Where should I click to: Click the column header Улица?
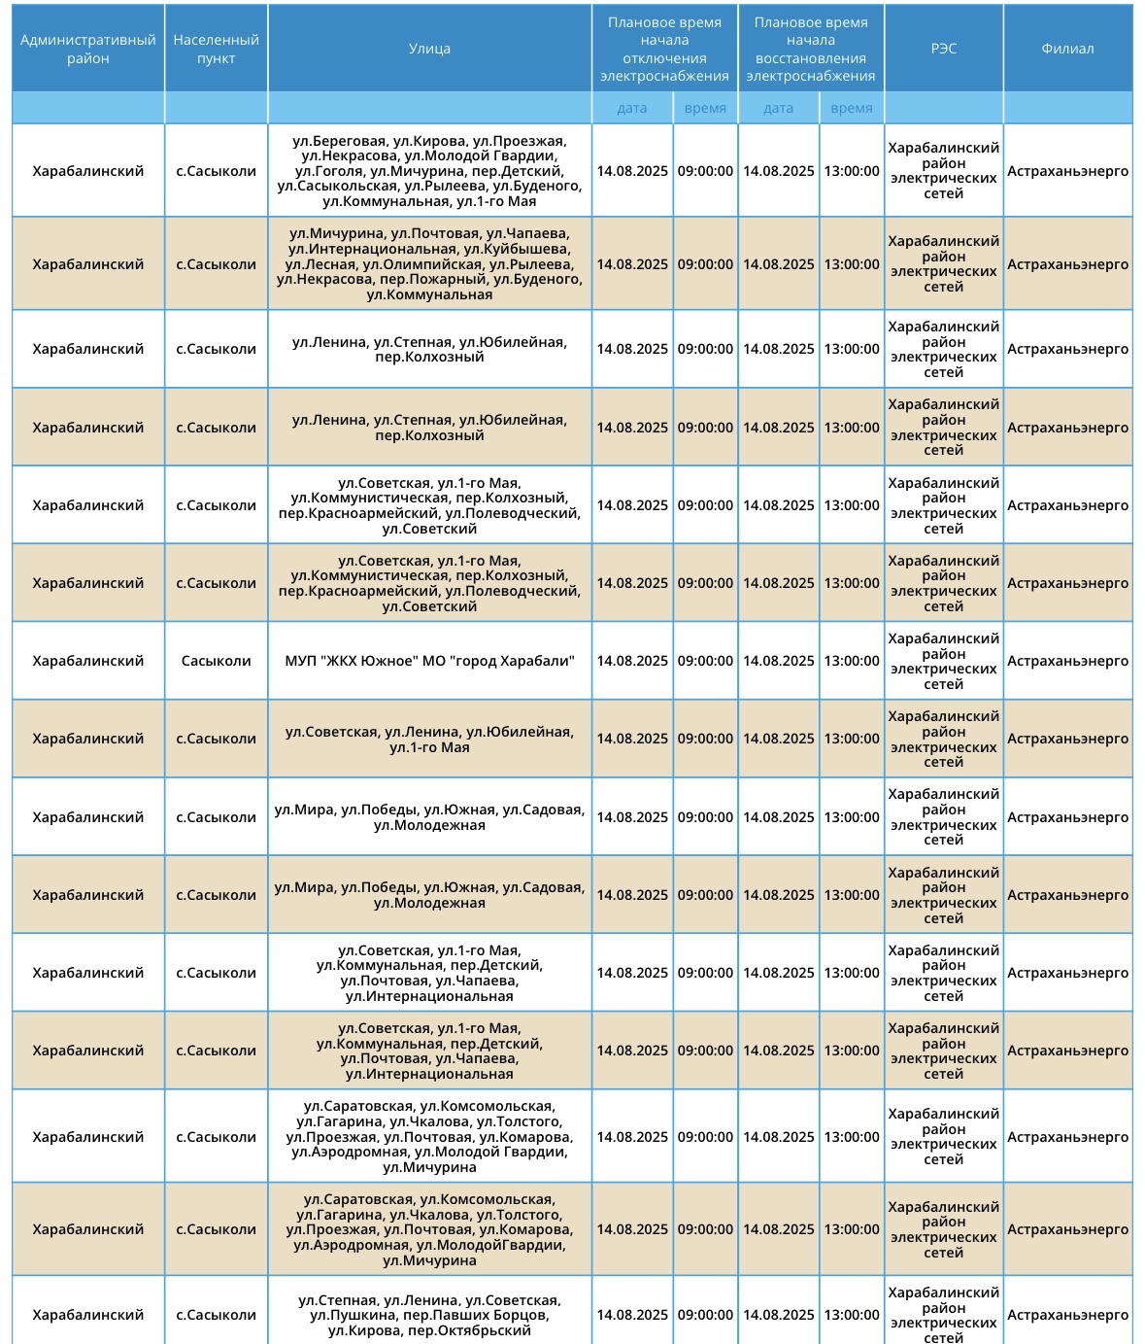tap(429, 49)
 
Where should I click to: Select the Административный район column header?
tap(87, 49)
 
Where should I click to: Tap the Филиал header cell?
tap(1067, 49)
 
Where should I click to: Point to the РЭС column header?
tap(943, 49)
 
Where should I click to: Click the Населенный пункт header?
tap(216, 49)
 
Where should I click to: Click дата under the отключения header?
tap(631, 108)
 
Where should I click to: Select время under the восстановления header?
tap(851, 108)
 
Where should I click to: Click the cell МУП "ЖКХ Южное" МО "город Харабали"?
tap(429, 661)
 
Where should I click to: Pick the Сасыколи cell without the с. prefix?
tap(216, 661)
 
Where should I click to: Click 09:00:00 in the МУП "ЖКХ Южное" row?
tap(705, 661)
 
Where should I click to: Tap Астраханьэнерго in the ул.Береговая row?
tap(1067, 171)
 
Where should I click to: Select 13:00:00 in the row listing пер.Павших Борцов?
tap(851, 1315)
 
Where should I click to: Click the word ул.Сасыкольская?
tap(337, 186)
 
